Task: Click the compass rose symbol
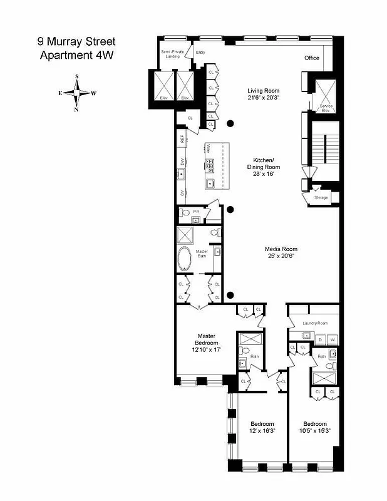point(76,93)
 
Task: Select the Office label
point(312,58)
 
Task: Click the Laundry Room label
point(315,323)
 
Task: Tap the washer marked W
point(333,340)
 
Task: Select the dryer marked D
point(320,340)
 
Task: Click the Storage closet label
point(321,197)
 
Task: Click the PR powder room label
point(196,212)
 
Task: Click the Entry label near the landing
point(200,53)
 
